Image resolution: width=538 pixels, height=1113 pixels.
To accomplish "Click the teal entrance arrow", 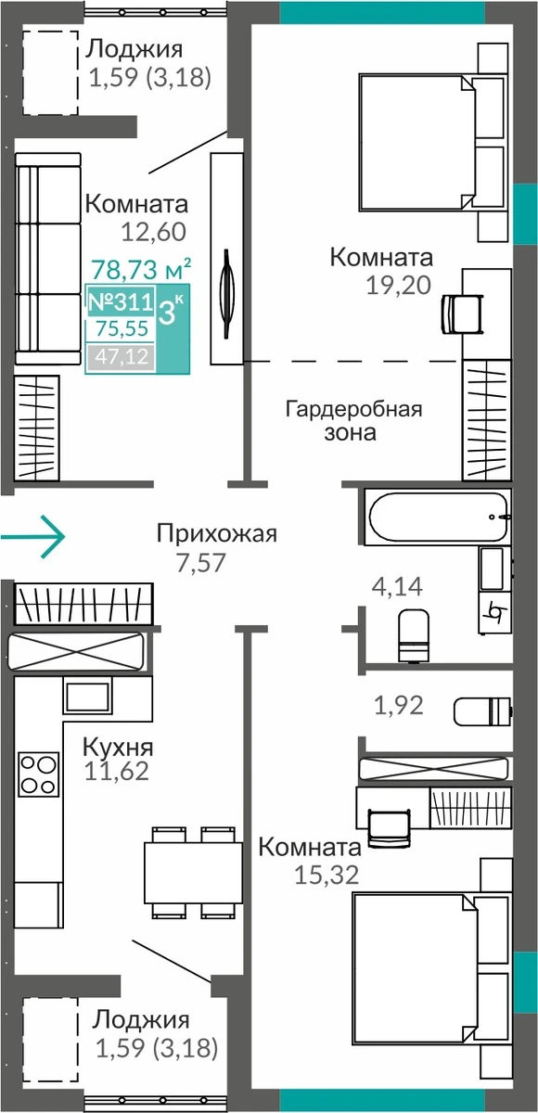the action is tap(32, 537).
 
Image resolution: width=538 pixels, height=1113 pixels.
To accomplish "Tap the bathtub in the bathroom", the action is tap(438, 518).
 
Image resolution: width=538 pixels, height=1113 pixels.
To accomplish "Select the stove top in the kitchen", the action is tap(38, 774).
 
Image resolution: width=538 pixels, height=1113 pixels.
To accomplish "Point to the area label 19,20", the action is tap(399, 286).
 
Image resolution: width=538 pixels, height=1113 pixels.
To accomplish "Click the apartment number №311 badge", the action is tap(121, 301).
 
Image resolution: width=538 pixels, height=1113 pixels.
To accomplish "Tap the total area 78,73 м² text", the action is tap(142, 269).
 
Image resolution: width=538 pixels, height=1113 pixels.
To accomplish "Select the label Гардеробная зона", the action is tap(353, 420).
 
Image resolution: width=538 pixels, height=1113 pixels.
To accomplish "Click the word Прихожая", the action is tap(216, 534).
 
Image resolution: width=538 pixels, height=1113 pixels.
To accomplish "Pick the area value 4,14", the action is tap(397, 586).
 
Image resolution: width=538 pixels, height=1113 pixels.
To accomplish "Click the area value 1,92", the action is tap(399, 705).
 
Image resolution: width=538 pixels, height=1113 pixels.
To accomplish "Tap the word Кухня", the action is tap(118, 747).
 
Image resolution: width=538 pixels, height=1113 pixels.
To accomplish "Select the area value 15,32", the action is tap(327, 875).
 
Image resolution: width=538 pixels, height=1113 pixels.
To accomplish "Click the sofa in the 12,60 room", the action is tap(47, 259).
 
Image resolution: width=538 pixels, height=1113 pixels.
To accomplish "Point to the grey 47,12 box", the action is tap(121, 356).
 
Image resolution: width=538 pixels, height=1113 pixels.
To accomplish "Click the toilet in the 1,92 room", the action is tap(482, 711).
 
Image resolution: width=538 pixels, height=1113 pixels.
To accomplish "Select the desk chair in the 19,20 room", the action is tap(463, 313).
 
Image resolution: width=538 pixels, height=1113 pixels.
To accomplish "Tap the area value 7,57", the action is tap(201, 563).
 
